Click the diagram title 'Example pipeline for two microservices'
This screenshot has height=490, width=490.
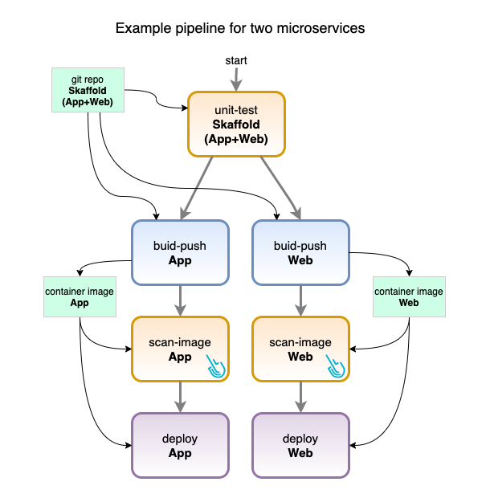pos(240,28)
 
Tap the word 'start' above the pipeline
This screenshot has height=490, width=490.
pos(236,60)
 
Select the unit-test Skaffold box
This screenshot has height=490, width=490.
pos(239,124)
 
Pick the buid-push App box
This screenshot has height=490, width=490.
pos(181,253)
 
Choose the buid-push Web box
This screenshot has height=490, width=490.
pos(301,253)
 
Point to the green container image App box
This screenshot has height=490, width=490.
pos(80,297)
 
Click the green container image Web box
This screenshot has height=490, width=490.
pos(409,297)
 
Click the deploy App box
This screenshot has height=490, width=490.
pos(181,446)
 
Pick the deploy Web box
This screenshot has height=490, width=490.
pos(301,446)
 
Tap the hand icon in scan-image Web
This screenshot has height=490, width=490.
pos(337,366)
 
